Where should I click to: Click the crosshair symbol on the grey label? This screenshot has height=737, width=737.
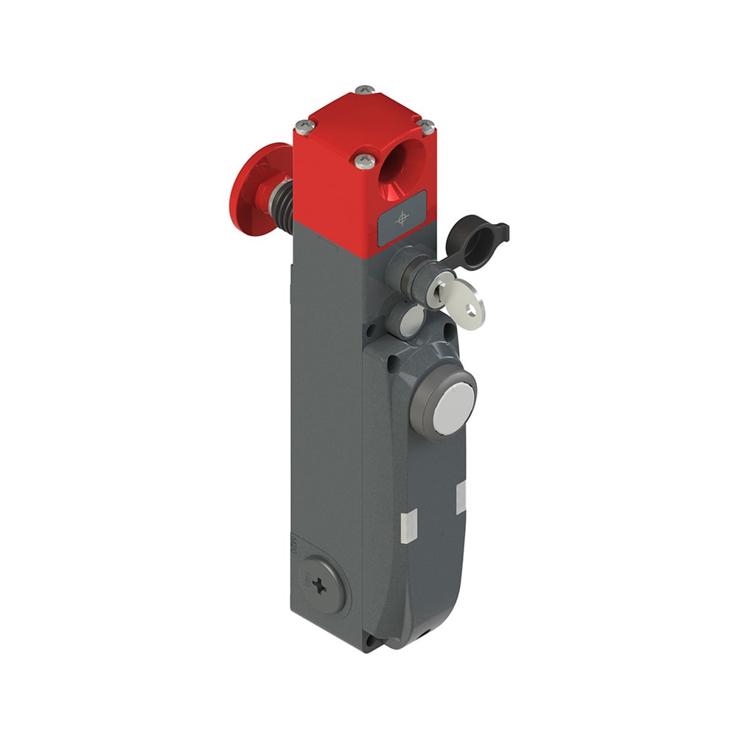(x=402, y=217)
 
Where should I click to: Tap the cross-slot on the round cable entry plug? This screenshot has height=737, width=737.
(x=319, y=587)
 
